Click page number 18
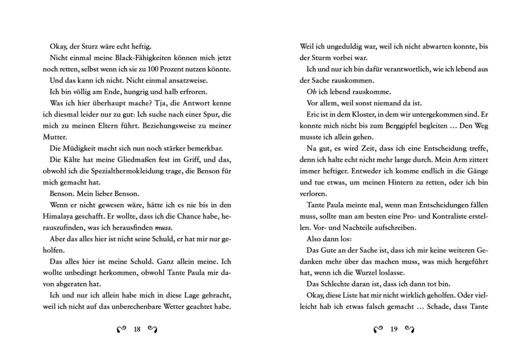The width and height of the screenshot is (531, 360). click(137, 329)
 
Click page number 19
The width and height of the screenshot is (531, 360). click(394, 329)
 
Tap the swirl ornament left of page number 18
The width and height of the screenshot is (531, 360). click(122, 329)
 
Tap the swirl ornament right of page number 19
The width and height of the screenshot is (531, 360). click(410, 329)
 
